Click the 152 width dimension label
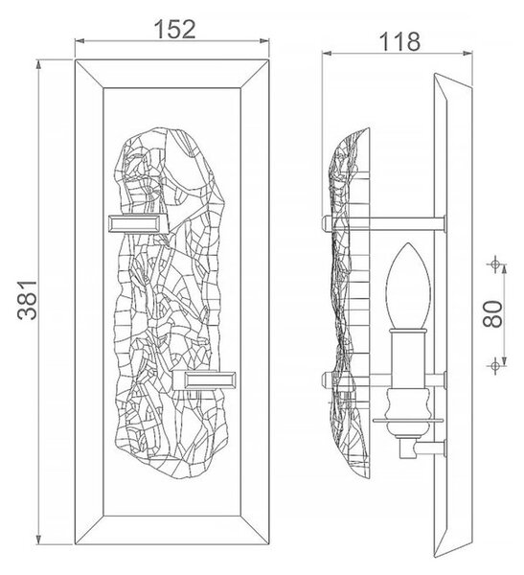[174, 30]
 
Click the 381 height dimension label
[28, 300]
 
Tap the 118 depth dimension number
[399, 41]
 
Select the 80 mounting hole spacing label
[492, 314]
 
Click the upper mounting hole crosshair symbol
[495, 264]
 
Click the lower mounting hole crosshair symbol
[495, 366]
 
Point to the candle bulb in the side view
[408, 286]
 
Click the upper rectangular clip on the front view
[137, 223]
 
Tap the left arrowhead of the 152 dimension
[80, 41]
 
